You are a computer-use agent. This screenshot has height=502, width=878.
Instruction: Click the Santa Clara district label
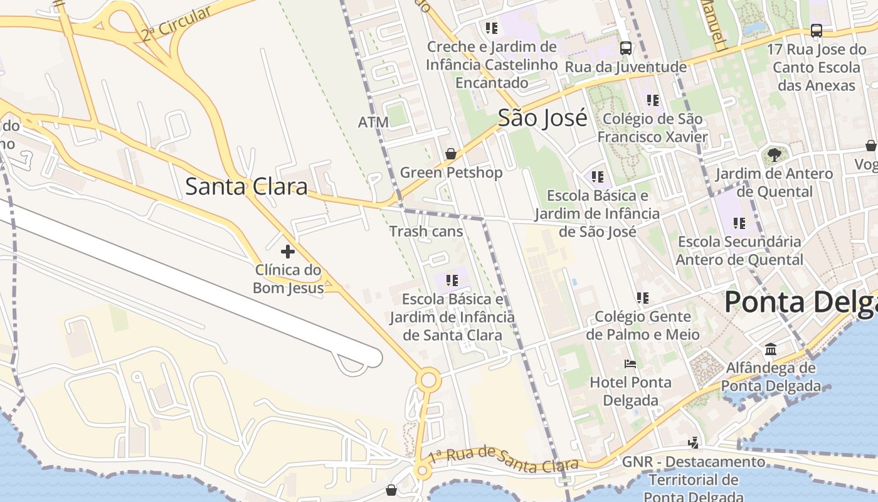tap(246, 186)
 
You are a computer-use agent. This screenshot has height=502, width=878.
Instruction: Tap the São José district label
tap(542, 118)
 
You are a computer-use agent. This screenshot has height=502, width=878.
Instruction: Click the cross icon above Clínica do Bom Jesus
tap(288, 252)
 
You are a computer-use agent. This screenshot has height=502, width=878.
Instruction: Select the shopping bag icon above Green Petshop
tap(450, 154)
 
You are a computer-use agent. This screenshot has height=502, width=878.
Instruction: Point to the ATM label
tap(373, 122)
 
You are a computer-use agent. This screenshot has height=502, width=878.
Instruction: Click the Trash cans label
tap(426, 232)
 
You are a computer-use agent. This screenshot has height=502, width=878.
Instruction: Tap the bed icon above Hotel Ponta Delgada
tap(630, 364)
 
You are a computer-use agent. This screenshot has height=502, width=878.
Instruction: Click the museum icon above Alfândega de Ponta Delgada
tap(771, 349)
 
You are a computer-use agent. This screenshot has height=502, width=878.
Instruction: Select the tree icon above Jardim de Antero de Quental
tap(775, 154)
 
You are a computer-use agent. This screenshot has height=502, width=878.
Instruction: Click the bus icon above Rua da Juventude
tap(625, 48)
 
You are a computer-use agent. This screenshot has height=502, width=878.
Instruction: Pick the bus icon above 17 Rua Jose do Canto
tap(817, 30)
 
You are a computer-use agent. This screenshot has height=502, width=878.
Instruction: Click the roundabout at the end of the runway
tap(429, 380)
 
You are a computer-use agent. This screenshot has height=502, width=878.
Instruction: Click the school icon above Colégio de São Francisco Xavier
tap(652, 100)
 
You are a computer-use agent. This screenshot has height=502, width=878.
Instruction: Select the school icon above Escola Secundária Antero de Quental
tap(739, 223)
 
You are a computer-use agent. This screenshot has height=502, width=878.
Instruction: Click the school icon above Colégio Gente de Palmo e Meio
tap(642, 297)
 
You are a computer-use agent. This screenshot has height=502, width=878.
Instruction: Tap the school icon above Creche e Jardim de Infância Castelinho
tap(491, 28)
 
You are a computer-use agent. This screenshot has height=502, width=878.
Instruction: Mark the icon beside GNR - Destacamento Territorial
tap(693, 443)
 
